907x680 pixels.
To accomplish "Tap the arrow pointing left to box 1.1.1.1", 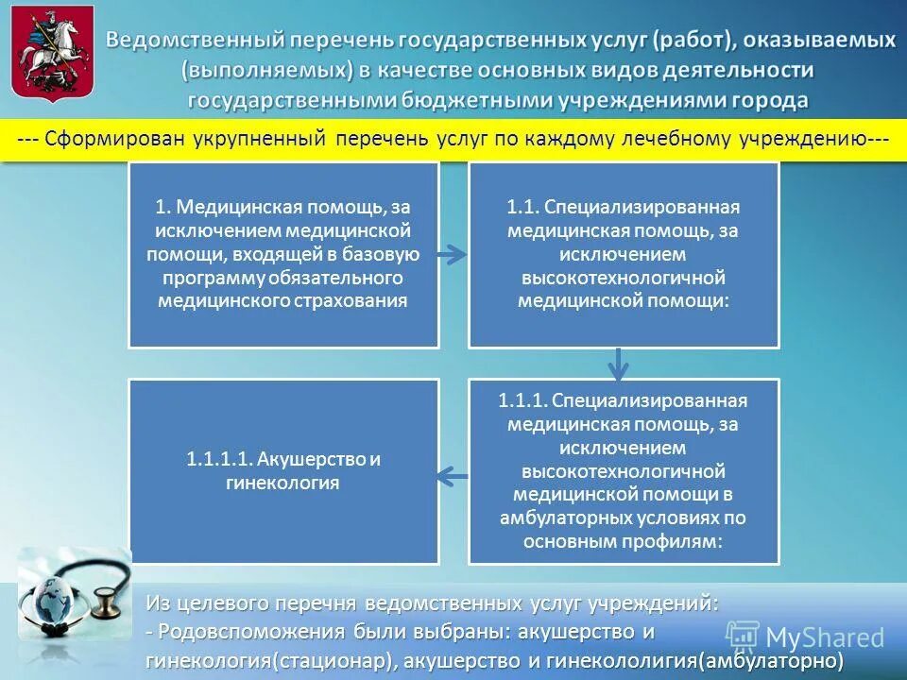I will (453, 474).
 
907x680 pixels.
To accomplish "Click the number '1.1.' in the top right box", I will (523, 208).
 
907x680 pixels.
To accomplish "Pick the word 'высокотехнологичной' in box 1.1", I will (624, 278).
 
